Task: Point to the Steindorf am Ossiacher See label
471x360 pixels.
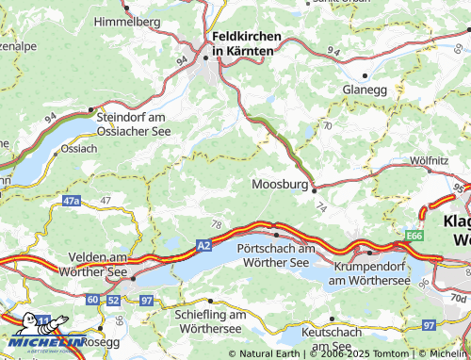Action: [134, 123]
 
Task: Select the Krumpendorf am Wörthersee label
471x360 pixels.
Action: [369, 273]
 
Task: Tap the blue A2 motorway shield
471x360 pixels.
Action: [204, 244]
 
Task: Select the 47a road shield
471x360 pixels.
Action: [72, 201]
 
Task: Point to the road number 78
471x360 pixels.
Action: [218, 224]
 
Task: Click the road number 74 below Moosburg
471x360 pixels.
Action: [321, 205]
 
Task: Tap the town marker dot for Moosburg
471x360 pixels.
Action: [314, 188]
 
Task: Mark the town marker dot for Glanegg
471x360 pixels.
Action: [364, 74]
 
